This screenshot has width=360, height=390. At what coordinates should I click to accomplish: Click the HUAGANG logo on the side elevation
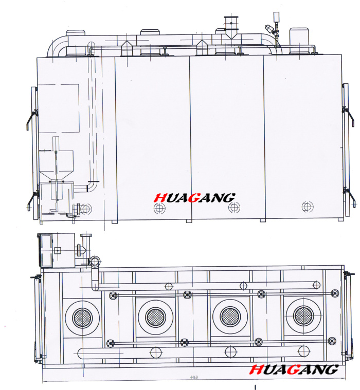click(x=194, y=198)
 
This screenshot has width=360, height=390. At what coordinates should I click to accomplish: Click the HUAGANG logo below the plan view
click(x=294, y=369)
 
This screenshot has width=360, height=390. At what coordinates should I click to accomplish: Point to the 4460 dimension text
click(x=194, y=377)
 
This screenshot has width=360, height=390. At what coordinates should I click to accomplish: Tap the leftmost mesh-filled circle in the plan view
click(x=82, y=318)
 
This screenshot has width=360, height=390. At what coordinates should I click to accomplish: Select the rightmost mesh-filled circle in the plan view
click(x=303, y=316)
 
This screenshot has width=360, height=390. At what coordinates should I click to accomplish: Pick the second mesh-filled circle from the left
click(x=156, y=318)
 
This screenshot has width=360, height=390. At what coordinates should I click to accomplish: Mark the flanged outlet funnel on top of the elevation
click(x=231, y=27)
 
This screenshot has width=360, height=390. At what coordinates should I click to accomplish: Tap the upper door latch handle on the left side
click(x=31, y=120)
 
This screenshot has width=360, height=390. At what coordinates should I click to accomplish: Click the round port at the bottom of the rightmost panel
click(x=308, y=207)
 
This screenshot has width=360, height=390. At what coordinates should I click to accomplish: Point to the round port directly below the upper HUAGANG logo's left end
click(x=159, y=208)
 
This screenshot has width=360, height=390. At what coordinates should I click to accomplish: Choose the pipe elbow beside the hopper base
click(x=91, y=187)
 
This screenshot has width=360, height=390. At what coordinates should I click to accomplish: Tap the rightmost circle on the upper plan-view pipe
click(x=316, y=285)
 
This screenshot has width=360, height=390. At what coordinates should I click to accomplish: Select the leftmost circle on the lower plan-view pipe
click(x=156, y=352)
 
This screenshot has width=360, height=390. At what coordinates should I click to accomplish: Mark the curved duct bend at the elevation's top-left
click(x=57, y=47)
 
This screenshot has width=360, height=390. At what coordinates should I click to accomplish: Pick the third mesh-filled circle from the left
click(x=230, y=317)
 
